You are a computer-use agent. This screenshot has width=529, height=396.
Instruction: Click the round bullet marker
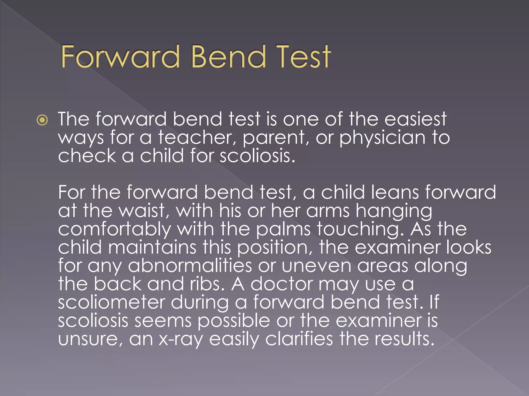click(x=42, y=120)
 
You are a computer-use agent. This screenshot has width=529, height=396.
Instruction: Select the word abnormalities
click(x=190, y=266)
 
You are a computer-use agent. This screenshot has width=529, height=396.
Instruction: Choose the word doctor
click(x=282, y=284)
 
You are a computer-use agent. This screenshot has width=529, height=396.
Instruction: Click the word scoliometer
click(x=111, y=302)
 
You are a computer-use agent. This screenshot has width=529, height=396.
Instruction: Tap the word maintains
click(x=152, y=247)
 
